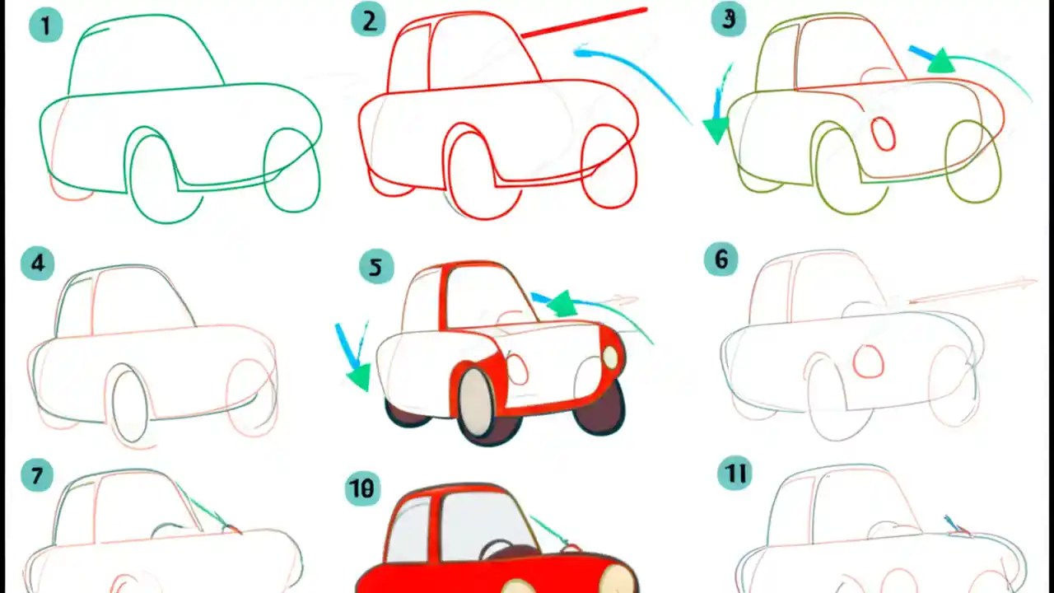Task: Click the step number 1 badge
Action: [45, 26]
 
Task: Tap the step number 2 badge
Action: [368, 21]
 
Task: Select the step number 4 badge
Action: [37, 264]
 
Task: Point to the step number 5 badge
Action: [375, 268]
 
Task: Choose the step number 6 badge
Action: [721, 260]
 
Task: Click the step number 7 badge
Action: [37, 475]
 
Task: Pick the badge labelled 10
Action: [360, 489]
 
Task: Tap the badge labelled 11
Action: [734, 474]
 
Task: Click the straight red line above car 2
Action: [585, 22]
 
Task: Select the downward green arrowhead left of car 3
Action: [716, 130]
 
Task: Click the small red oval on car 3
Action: [884, 133]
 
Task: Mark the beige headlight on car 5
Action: [610, 357]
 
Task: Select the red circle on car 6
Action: [868, 362]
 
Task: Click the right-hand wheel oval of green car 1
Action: [291, 170]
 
